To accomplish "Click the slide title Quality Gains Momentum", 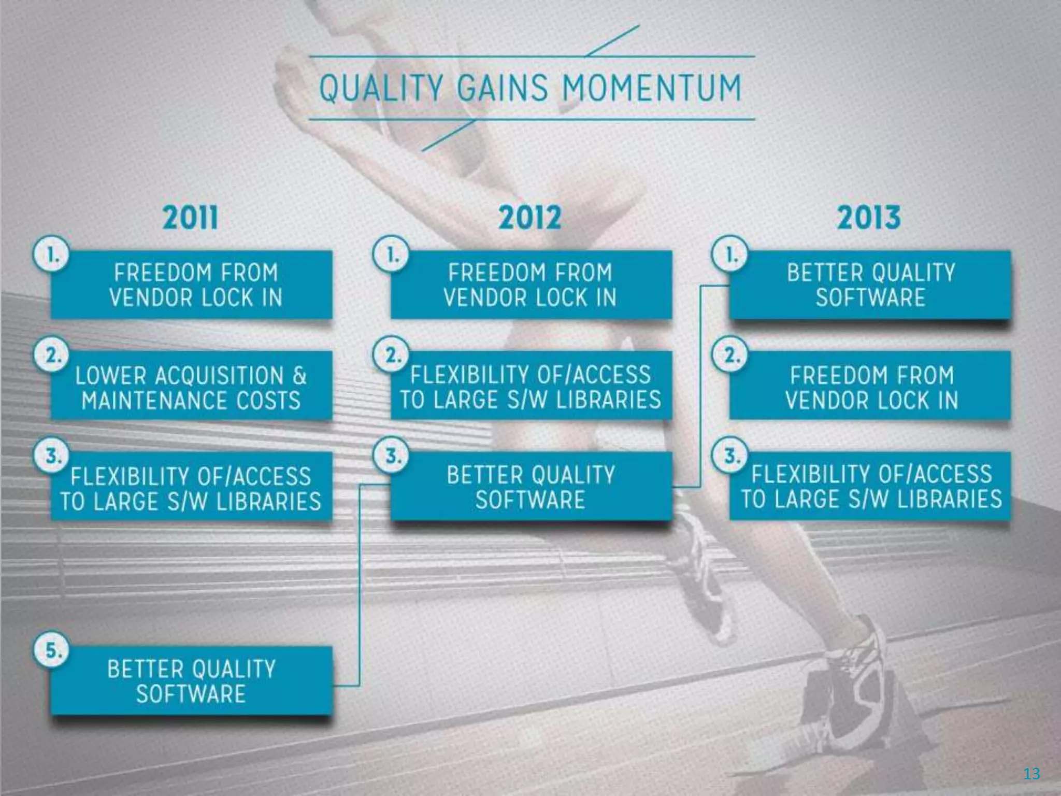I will [x=530, y=88].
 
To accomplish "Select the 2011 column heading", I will [x=191, y=218].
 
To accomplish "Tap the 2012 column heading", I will [x=530, y=218].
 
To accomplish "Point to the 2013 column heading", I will [x=869, y=218].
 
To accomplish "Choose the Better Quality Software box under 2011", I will [x=191, y=680].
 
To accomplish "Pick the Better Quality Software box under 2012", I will [x=531, y=487].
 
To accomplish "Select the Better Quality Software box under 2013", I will [x=870, y=285].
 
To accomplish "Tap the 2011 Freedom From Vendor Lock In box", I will [x=191, y=285].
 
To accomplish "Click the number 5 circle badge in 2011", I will [x=51, y=650].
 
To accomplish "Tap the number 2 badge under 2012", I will [x=391, y=356].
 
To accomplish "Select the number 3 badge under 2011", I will [x=51, y=457].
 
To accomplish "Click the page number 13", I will [x=1031, y=774].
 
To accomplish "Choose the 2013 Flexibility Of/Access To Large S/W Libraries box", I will [x=870, y=487].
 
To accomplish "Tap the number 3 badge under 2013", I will [x=730, y=457].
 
